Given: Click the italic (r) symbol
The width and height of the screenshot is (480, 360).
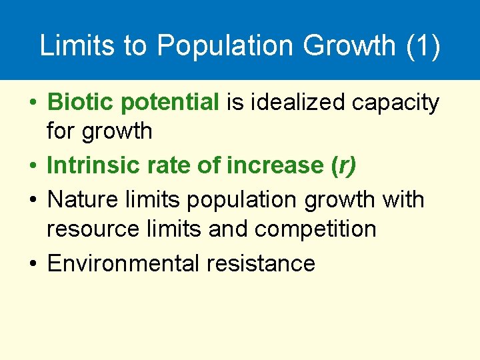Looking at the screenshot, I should (x=343, y=165).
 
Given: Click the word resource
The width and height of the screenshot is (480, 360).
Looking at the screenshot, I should (x=89, y=229).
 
